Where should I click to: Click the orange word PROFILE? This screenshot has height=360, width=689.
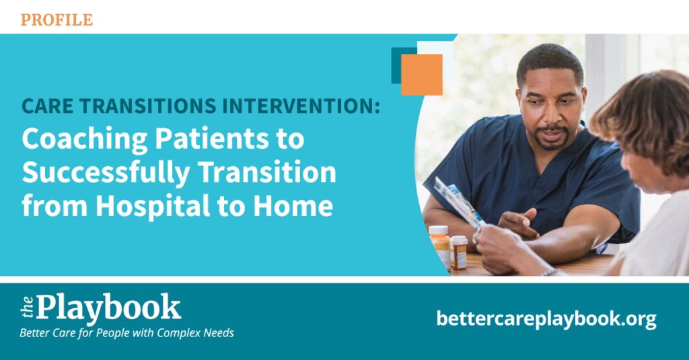point(57,20)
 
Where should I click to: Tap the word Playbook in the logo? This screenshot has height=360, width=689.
point(108,308)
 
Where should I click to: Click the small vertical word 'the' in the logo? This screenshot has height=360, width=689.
point(27,307)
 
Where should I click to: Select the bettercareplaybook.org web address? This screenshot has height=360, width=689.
point(546,319)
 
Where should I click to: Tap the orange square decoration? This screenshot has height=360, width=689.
point(422,75)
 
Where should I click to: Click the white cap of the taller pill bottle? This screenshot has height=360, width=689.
point(438,230)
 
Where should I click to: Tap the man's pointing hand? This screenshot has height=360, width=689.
point(519,223)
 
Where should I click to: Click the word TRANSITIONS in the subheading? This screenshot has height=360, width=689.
point(148,106)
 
